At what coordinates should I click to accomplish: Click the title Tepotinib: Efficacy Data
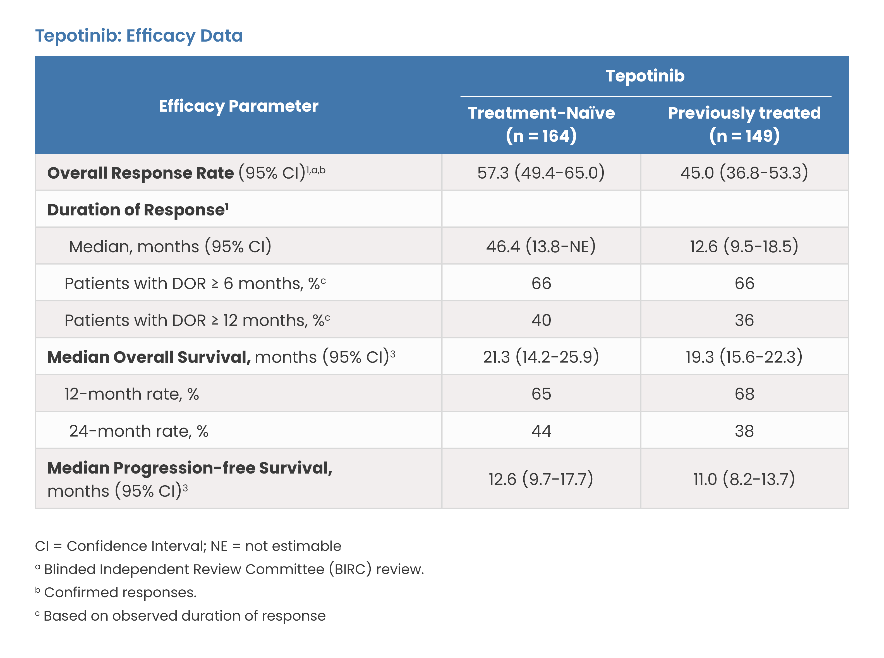click(x=139, y=36)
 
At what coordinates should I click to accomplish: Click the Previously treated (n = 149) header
click(x=744, y=124)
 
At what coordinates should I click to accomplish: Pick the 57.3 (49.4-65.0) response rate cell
click(x=541, y=172)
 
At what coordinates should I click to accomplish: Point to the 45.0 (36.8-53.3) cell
click(x=744, y=172)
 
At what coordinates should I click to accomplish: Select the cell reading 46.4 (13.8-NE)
click(x=541, y=246)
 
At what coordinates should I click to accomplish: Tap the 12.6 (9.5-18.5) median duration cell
click(x=744, y=246)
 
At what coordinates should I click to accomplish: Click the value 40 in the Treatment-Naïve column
click(x=541, y=320)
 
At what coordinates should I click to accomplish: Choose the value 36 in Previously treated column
click(x=744, y=320)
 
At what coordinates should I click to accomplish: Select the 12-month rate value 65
click(x=541, y=394)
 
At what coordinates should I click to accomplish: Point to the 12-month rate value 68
click(x=744, y=394)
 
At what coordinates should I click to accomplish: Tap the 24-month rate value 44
click(x=541, y=431)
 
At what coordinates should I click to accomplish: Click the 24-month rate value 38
click(x=744, y=431)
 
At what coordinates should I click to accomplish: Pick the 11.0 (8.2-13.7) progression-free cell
click(x=744, y=479)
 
